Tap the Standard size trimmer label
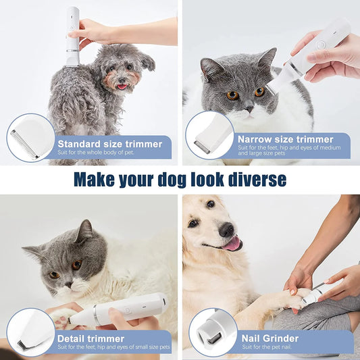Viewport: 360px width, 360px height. pyautogui.click(x=109, y=143)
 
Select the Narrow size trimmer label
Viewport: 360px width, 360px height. pyautogui.click(x=286, y=139)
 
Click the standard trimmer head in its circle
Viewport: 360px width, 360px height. pyautogui.click(x=31, y=136)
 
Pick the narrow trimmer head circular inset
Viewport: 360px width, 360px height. pyautogui.click(x=210, y=136)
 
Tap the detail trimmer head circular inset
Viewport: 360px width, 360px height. pyautogui.click(x=31, y=332)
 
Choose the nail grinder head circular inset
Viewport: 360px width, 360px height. pyautogui.click(x=213, y=332)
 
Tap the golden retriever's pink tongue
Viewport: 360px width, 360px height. pyautogui.click(x=232, y=245)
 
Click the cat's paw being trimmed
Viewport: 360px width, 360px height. pyautogui.click(x=62, y=317)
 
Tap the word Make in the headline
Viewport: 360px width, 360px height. pyautogui.click(x=94, y=180)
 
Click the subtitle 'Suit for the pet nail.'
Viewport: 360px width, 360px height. pyautogui.click(x=265, y=347)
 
